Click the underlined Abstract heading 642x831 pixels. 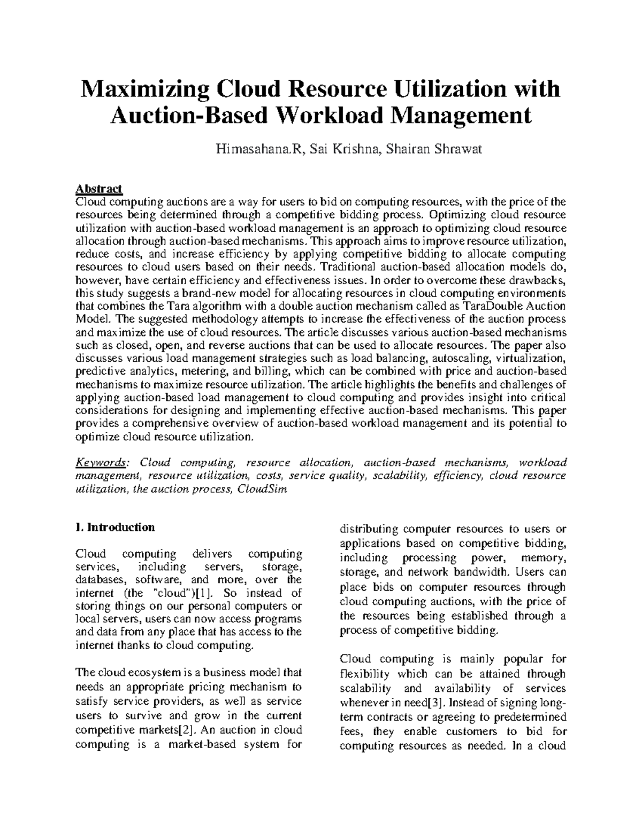point(99,189)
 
